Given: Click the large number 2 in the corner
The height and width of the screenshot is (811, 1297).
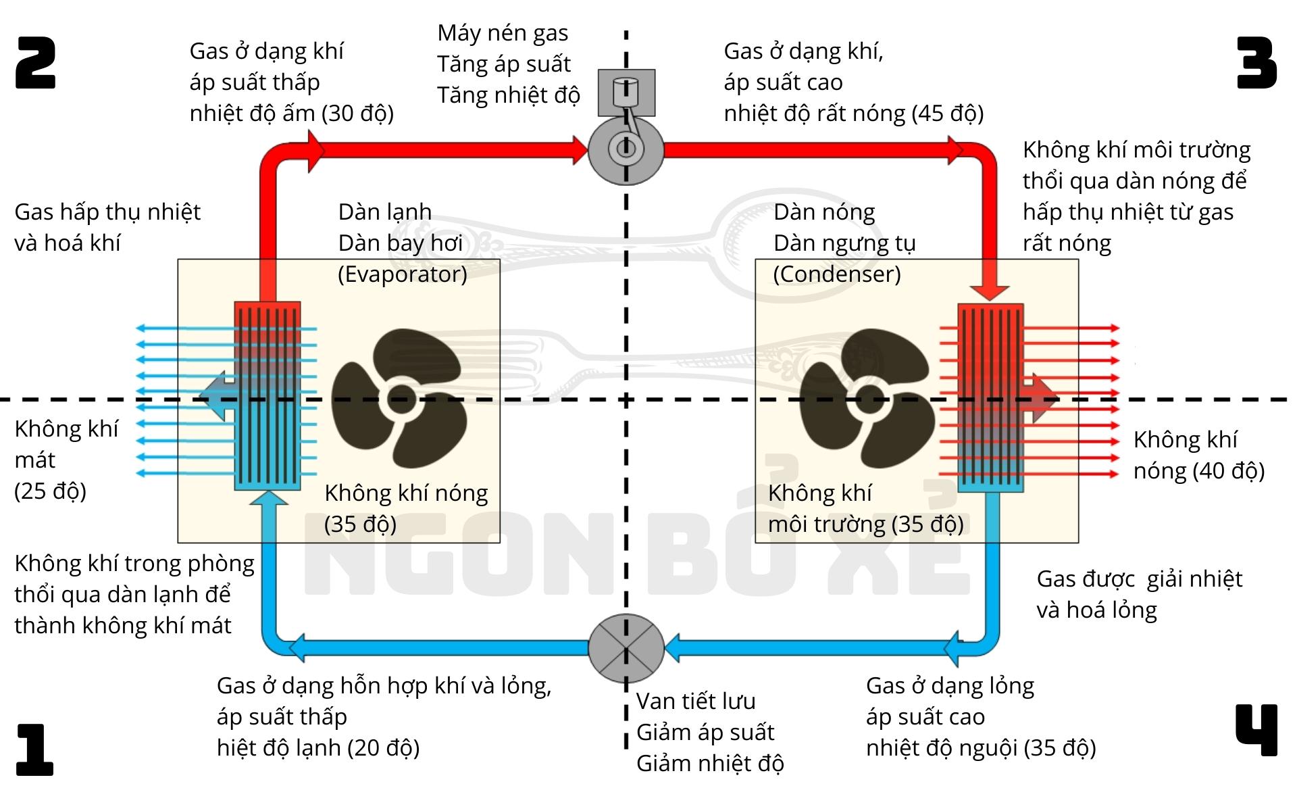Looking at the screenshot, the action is (36, 63).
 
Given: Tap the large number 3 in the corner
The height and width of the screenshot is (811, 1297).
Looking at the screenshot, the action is (1256, 63).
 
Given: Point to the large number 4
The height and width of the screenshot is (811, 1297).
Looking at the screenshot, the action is (1256, 730).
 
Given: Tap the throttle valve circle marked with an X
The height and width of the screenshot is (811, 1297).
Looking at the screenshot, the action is (626, 648).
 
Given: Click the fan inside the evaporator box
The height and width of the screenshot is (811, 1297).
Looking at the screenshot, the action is (399, 398).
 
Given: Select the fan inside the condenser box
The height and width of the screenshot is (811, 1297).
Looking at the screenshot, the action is (869, 398).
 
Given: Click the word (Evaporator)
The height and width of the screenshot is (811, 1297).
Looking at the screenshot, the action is (403, 274).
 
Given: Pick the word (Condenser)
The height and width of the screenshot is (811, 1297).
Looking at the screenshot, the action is (837, 274).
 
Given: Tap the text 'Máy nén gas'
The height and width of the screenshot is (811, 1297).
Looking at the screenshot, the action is (503, 33).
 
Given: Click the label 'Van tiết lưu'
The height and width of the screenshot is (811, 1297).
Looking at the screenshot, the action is (696, 702).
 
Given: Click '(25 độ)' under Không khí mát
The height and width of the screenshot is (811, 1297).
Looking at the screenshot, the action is (51, 491).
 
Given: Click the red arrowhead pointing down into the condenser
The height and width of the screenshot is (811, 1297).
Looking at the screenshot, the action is (990, 292).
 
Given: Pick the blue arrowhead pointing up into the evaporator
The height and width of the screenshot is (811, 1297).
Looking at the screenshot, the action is (268, 498).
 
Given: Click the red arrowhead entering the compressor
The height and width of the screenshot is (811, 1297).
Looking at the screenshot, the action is (580, 150).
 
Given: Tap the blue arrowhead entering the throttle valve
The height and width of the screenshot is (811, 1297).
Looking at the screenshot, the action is (673, 648).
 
